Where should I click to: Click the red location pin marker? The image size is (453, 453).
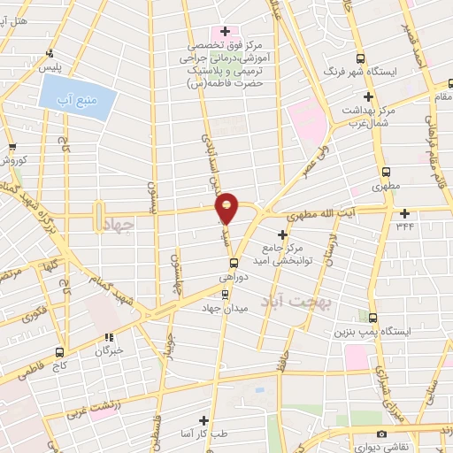(x=227, y=207)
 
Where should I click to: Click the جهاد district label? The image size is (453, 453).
(x=116, y=227)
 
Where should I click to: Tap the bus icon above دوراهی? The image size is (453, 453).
(x=234, y=263)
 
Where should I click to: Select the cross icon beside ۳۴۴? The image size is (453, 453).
(x=405, y=212)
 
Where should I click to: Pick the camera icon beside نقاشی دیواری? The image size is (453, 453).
(x=381, y=434)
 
